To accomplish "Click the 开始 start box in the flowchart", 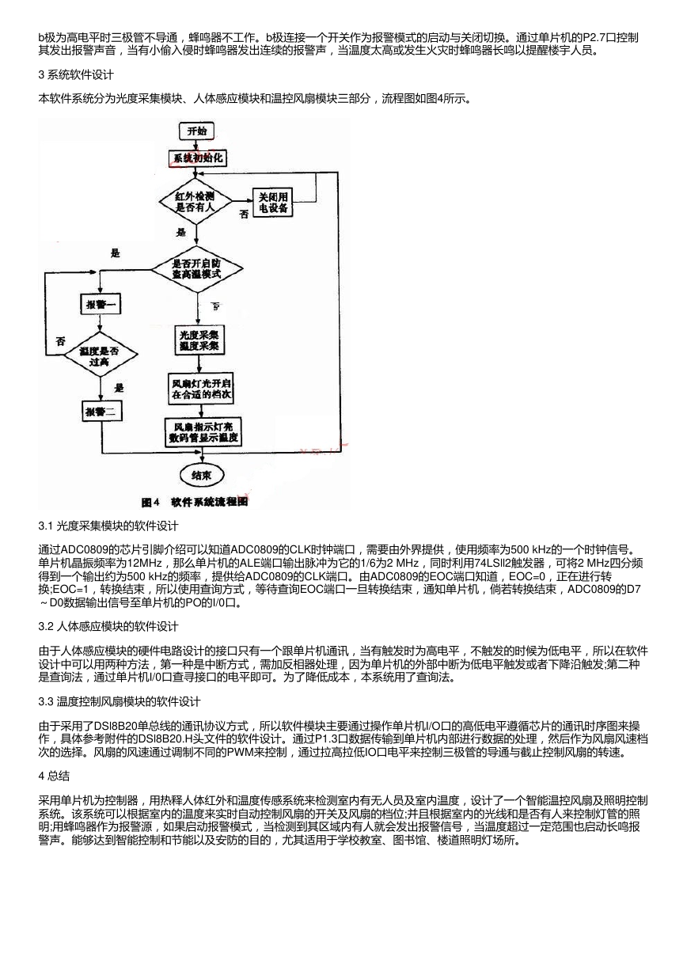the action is (196, 131).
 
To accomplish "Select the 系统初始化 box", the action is (197, 158).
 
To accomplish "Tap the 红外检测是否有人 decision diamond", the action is (196, 201).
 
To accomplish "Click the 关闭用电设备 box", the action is (273, 202).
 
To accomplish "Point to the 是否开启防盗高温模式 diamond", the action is (196, 269).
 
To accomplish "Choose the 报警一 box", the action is (101, 305).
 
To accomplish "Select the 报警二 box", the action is (102, 412).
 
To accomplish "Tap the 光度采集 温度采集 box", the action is (199, 340).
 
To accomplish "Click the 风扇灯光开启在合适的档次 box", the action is (201, 389).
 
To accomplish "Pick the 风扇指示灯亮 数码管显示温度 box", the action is (203, 432).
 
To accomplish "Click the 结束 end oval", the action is (202, 476).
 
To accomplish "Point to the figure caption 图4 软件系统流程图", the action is (195, 502).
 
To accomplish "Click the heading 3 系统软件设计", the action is (76, 75).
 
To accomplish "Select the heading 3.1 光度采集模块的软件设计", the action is (108, 526).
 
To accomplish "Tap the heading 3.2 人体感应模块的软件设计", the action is (108, 626).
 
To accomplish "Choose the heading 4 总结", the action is (54, 776).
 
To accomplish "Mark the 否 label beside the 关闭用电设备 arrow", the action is (244, 215).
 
